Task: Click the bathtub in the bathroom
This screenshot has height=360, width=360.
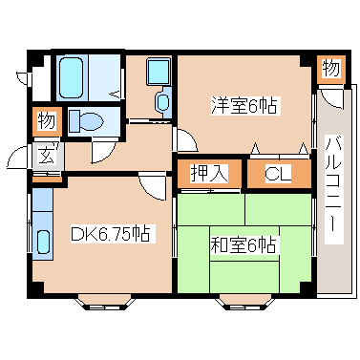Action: [72, 76]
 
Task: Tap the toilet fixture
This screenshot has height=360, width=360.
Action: [88, 121]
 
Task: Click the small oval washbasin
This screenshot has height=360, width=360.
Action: [161, 101]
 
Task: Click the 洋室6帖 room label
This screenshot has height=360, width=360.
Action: [244, 106]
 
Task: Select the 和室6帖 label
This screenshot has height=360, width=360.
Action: [244, 245]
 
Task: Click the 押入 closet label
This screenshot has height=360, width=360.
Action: [208, 175]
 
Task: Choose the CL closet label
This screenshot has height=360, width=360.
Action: [278, 175]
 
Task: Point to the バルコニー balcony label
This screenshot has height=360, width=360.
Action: [334, 191]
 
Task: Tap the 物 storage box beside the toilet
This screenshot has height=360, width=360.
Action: [46, 121]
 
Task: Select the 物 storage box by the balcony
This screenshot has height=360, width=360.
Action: [329, 69]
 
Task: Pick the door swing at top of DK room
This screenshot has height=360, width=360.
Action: [150, 185]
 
